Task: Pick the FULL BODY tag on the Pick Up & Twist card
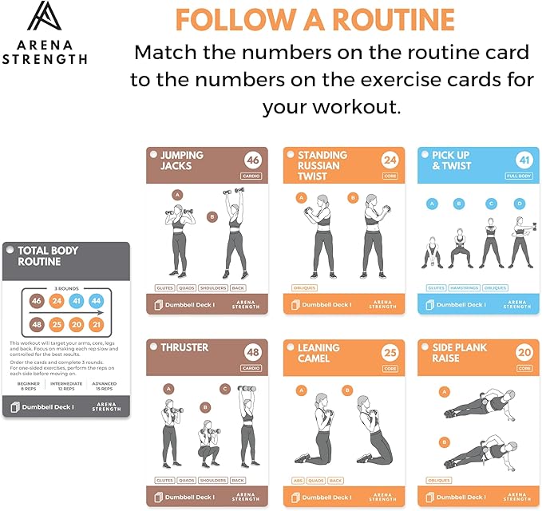tap(518, 176)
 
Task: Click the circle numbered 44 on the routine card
tap(97, 301)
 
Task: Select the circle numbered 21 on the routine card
tap(97, 325)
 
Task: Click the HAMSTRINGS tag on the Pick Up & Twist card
tap(465, 287)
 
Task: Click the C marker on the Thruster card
tap(225, 389)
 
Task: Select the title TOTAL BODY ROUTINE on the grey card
tap(48, 256)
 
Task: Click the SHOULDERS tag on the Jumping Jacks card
tap(212, 287)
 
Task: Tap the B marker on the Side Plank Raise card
tap(443, 441)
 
